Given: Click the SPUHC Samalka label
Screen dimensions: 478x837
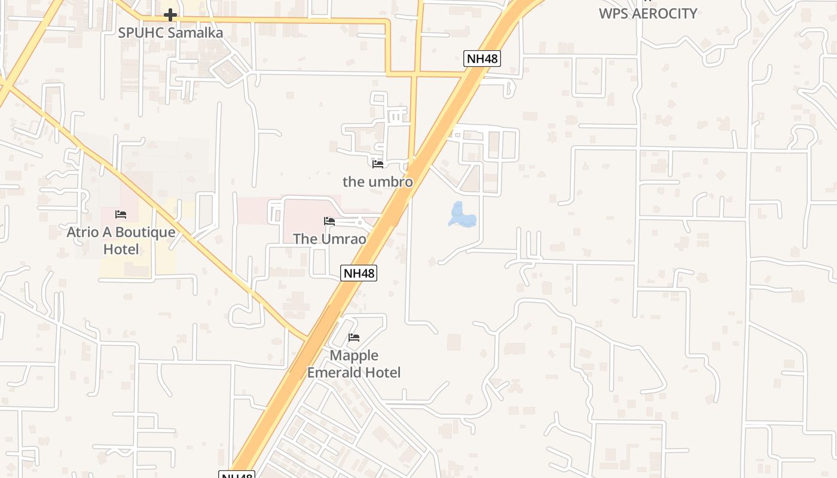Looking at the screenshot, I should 170,33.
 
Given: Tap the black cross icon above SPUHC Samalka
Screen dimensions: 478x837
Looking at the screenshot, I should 170,15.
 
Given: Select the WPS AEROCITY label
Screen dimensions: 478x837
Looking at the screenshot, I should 648,13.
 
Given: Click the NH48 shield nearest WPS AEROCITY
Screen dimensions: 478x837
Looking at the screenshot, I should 482,59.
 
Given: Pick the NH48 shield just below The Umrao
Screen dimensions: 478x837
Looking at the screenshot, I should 359,274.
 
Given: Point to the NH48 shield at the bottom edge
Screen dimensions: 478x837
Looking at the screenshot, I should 237,475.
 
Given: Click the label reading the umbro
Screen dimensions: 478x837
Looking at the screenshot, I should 378,181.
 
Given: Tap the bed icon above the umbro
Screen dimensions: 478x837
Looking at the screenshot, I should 377,164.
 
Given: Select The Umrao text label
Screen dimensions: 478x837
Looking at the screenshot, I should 329,238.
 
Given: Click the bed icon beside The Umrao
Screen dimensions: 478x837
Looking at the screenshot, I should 329,221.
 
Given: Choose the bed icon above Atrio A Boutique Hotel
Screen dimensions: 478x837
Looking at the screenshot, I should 121,214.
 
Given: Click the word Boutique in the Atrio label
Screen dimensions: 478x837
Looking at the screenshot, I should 145,232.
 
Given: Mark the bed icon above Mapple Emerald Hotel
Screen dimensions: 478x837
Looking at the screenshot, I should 354,338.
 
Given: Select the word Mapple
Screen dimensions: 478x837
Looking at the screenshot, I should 354,356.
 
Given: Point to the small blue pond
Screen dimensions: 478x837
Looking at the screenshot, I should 462,216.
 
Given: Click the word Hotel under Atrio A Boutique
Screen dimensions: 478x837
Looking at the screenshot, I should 121,249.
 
